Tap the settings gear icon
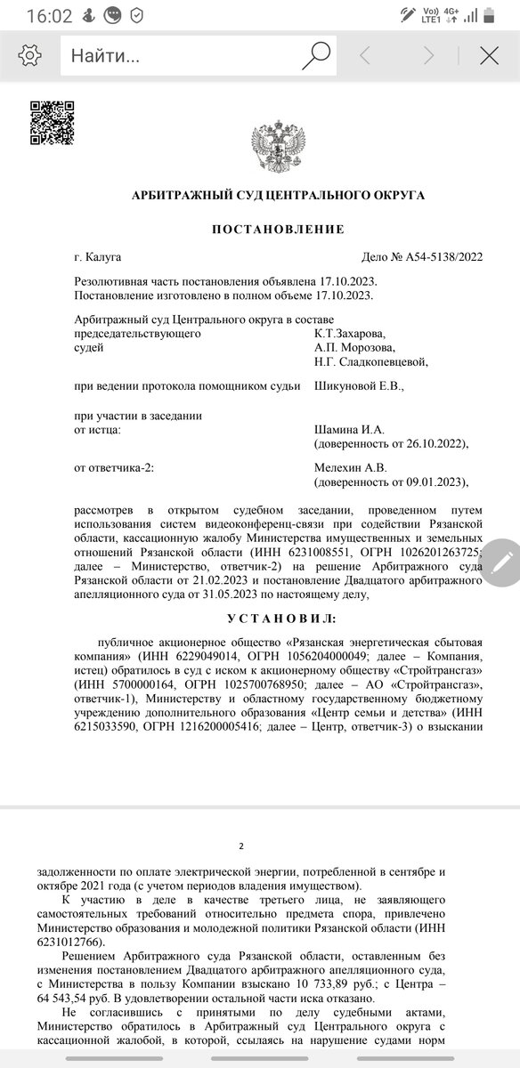click(x=29, y=56)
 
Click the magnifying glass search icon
click(x=316, y=56)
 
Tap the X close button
click(x=489, y=56)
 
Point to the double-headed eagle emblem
click(x=278, y=147)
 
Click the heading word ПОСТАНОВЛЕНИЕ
click(x=278, y=229)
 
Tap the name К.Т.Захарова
click(x=350, y=334)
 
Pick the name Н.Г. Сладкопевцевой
click(x=371, y=361)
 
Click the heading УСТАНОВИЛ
click(x=278, y=617)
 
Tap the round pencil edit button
click(x=501, y=561)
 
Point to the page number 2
click(x=241, y=846)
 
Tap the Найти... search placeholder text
click(x=105, y=56)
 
